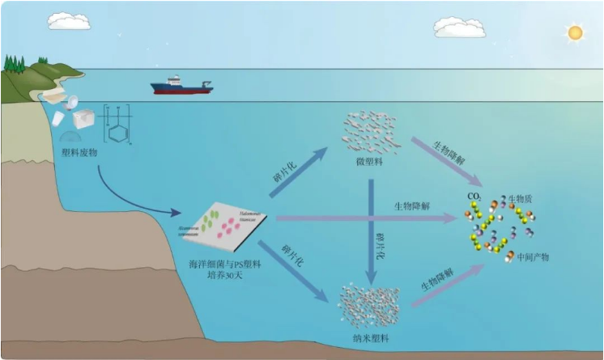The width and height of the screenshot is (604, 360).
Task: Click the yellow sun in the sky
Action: [575, 32]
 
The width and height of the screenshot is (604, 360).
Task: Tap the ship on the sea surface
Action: [181, 85]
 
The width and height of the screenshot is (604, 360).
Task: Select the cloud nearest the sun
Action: [459, 27]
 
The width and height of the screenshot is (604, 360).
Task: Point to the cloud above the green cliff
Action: [69, 21]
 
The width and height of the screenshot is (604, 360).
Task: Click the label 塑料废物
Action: [79, 151]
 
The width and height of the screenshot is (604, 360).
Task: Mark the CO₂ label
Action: [474, 196]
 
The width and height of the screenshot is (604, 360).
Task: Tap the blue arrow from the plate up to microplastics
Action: [298, 172]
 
